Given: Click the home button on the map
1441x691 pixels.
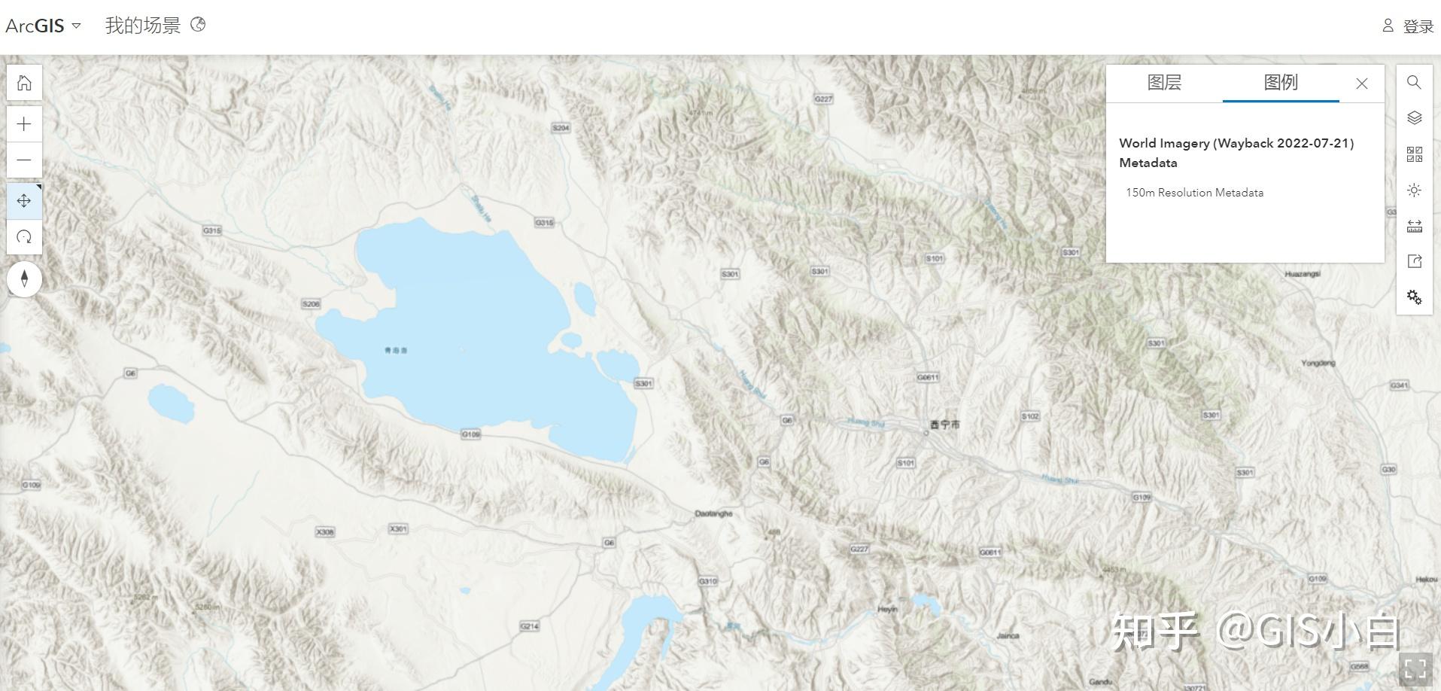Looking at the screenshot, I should point(24,83).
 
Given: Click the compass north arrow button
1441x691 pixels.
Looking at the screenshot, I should point(24,279).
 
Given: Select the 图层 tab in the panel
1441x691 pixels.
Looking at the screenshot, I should point(1163,83).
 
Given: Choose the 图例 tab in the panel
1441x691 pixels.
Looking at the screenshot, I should point(1280,83).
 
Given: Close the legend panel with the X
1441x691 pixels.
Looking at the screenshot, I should point(1361,84).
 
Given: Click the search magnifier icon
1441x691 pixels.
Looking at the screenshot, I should point(1414,82).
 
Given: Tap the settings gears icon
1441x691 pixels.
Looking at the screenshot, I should point(1414,297).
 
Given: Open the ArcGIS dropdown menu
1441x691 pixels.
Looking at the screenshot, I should point(43,26).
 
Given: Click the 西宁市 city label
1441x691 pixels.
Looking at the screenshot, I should point(944,425).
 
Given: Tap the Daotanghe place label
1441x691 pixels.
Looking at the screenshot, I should point(713,513).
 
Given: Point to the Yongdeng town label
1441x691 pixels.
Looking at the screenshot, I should point(1318,363).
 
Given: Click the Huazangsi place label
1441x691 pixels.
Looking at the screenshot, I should point(1303,274).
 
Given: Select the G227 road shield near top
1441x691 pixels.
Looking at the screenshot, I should point(824,99).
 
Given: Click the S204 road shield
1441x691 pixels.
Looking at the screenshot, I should point(561,128).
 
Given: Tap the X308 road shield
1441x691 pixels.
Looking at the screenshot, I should point(324,532).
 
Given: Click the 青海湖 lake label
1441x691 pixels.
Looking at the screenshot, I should point(396,351).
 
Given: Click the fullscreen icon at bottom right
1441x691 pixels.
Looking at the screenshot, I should point(1415,668).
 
